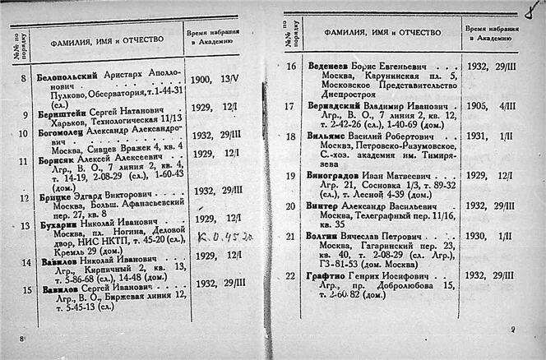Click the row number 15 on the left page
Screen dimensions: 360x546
pyautogui.click(x=26, y=289)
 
